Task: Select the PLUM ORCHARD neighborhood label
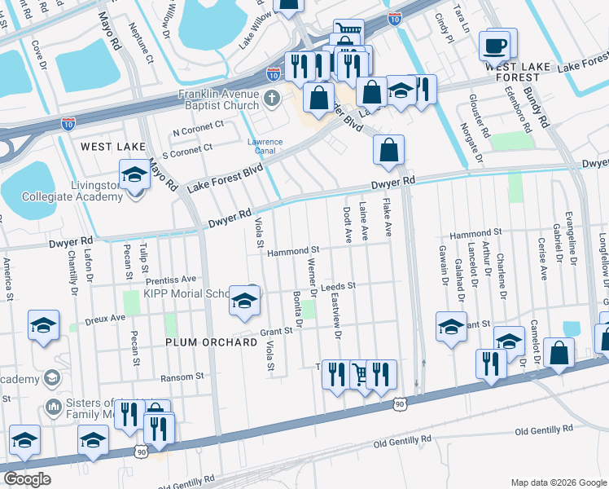click(x=211, y=342)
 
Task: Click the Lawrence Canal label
click(x=265, y=147)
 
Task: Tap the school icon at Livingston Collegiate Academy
click(x=134, y=174)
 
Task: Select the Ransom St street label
click(x=182, y=377)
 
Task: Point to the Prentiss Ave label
click(x=173, y=279)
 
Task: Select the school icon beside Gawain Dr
click(x=450, y=327)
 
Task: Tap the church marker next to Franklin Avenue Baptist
click(x=272, y=99)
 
